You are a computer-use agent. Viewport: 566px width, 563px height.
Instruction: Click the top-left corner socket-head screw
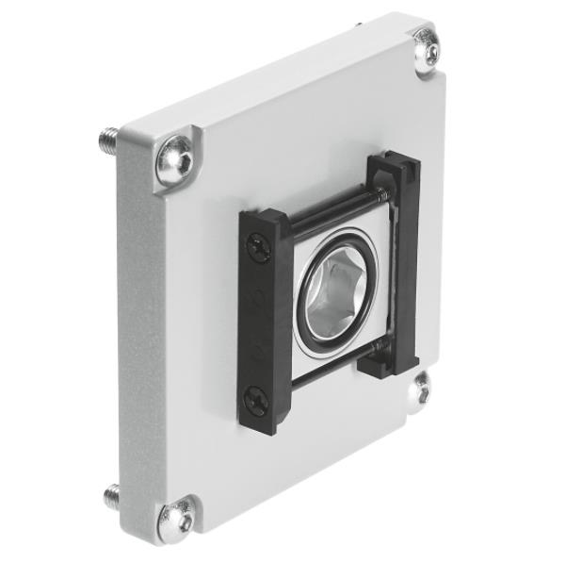[x=176, y=160]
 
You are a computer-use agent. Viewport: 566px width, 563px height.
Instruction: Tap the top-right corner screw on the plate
[x=428, y=50]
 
